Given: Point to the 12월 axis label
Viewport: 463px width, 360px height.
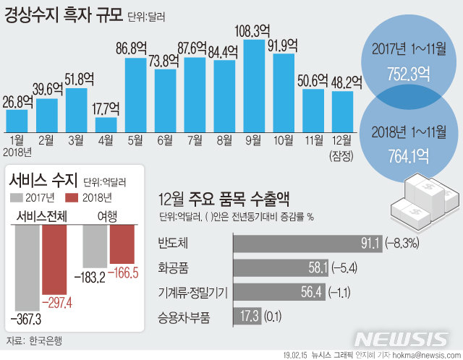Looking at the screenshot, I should pyautogui.click(x=341, y=139).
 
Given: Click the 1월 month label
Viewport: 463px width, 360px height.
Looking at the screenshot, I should pyautogui.click(x=17, y=139).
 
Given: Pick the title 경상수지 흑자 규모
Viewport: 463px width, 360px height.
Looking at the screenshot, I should pyautogui.click(x=52, y=14).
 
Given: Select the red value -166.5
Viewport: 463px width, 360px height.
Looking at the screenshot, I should pyautogui.click(x=120, y=276).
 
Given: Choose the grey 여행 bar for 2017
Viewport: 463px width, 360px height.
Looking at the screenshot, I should pyautogui.click(x=95, y=246).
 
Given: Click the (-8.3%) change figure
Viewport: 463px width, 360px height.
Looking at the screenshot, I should pyautogui.click(x=407, y=244).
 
